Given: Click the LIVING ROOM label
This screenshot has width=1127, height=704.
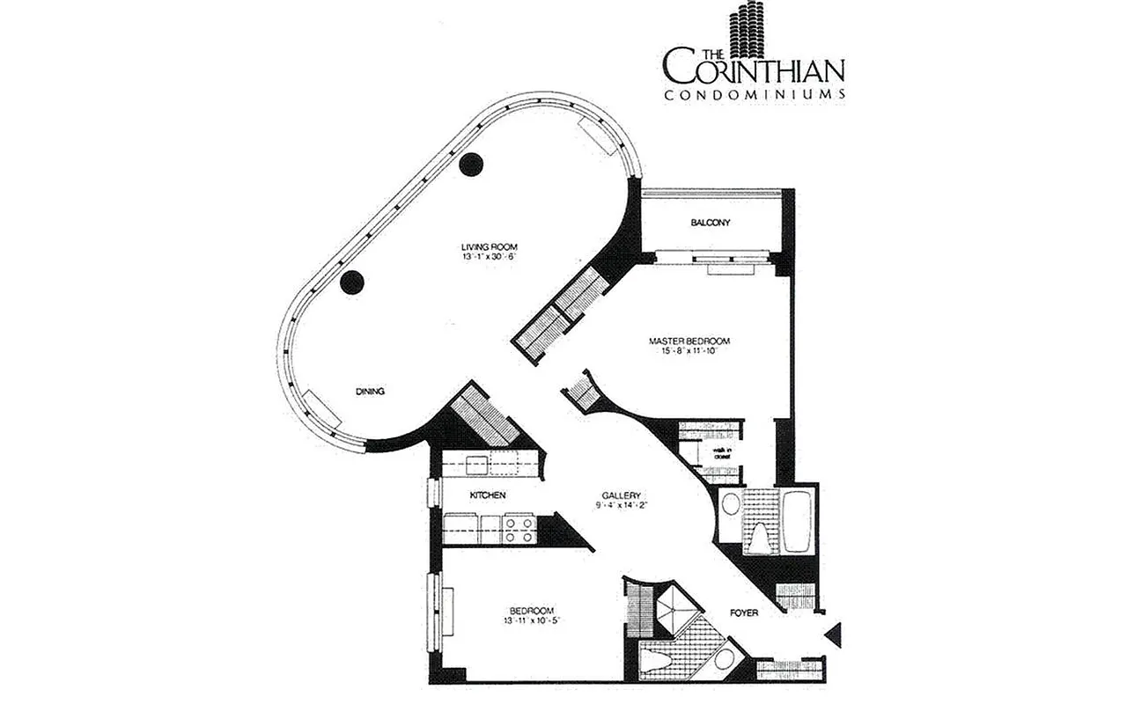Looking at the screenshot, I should coord(486,246).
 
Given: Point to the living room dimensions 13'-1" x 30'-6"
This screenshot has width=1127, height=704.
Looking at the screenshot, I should coord(486,257).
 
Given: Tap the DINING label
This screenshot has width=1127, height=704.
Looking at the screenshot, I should coord(371,392).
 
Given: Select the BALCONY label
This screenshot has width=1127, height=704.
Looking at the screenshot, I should coord(711,224).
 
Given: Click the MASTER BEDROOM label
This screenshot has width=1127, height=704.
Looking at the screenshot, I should coord(689,341).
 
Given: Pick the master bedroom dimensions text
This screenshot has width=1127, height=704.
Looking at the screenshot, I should coord(689,352).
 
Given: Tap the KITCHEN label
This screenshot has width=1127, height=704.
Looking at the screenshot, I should coord(487,496).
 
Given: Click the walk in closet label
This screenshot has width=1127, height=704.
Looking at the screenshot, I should coord(724,453).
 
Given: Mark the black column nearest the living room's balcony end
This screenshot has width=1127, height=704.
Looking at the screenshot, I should coord(472,164).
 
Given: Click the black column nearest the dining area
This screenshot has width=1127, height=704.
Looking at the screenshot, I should coord(352,282).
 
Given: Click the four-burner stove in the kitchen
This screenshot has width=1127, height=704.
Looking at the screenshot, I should coord(519,529).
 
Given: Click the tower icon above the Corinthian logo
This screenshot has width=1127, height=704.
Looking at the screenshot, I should coord(751,31).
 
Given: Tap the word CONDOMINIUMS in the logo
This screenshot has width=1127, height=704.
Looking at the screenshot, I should coord(755,93).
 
